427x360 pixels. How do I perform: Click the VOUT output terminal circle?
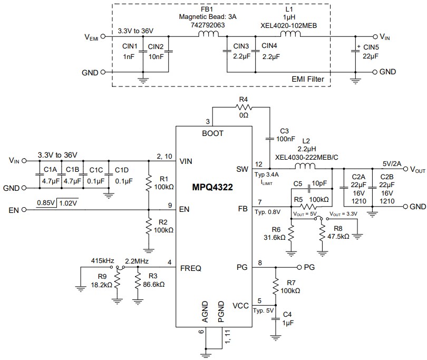pyautogui.click(x=399, y=169)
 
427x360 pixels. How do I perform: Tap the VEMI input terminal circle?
pyautogui.click(x=103, y=37)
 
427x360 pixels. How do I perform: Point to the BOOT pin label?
pyautogui.click(x=213, y=133)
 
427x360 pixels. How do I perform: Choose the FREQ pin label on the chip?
pyautogui.click(x=190, y=268)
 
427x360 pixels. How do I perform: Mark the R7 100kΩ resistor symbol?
pyautogui.click(x=275, y=287)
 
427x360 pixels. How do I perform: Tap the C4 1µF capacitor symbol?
pyautogui.click(x=275, y=319)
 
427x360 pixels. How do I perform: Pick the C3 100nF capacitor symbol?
pyautogui.click(x=269, y=135)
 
